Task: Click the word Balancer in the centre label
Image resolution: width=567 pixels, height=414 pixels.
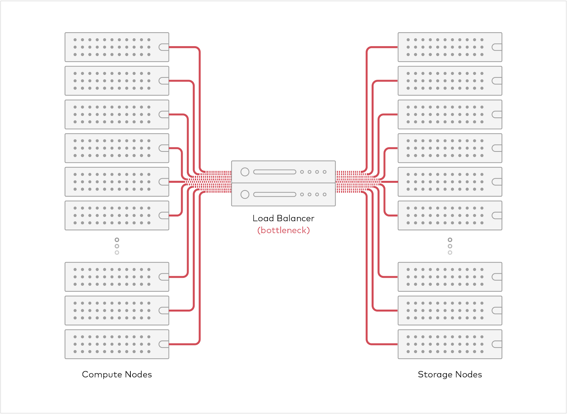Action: (296, 218)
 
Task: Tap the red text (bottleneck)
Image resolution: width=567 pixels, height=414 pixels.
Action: (283, 231)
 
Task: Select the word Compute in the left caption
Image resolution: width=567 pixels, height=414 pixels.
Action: (102, 375)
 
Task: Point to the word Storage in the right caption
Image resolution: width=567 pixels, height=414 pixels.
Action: (435, 375)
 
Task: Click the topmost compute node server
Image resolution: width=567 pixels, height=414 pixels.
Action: (117, 47)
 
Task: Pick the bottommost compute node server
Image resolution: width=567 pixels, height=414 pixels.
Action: (117, 344)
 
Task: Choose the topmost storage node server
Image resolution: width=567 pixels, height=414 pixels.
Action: (450, 47)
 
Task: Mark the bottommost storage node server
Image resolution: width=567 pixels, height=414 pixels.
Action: (450, 344)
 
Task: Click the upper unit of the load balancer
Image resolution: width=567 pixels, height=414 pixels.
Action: (283, 172)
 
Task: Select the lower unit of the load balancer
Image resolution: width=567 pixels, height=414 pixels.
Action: (283, 194)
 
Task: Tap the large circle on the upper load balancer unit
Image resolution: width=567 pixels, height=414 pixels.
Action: (245, 172)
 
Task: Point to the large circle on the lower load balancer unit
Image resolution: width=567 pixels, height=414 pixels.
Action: (245, 194)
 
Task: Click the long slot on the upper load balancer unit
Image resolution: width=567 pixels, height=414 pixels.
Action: (275, 172)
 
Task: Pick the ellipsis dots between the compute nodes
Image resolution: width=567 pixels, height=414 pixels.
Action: (117, 246)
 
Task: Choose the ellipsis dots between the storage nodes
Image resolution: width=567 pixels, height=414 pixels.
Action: (450, 246)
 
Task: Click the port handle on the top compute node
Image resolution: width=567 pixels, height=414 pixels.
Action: (164, 47)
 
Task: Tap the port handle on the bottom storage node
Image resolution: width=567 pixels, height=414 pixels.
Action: (497, 344)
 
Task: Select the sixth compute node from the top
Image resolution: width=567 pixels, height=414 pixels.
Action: (117, 215)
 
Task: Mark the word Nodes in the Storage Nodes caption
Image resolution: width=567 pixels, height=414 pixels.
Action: (468, 375)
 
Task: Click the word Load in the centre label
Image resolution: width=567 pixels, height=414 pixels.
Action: (263, 218)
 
